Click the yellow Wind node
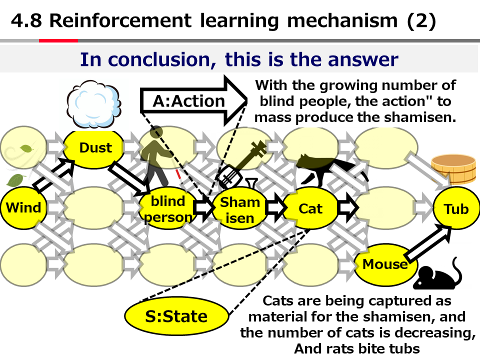(23, 207)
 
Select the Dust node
(95, 147)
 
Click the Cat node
(310, 208)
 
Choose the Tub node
(456, 208)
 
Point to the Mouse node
(385, 264)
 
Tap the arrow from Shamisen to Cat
(274, 207)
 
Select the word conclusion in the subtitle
(159, 59)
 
